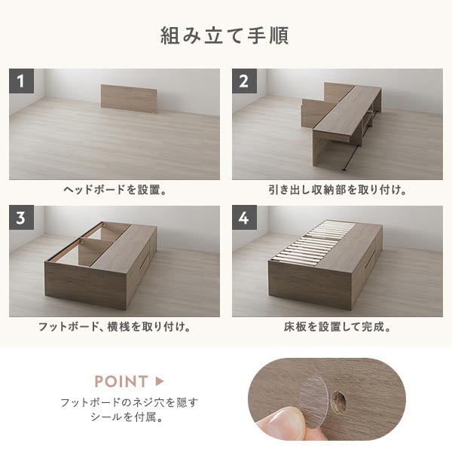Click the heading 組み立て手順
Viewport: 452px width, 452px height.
[224, 35]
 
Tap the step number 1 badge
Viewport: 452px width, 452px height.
[21, 81]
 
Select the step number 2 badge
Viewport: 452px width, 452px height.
[244, 81]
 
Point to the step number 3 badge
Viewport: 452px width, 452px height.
[21, 218]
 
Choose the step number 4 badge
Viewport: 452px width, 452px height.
[244, 218]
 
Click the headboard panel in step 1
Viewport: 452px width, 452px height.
[129, 99]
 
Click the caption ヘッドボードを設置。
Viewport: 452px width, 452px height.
[115, 191]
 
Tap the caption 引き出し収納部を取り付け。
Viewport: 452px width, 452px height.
[337, 191]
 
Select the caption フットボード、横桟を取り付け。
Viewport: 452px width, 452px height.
[115, 327]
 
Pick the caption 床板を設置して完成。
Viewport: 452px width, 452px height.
[337, 327]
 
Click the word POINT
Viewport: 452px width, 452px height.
[121, 381]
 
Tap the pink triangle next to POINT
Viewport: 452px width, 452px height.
[160, 381]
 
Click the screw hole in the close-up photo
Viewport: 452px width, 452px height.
[338, 401]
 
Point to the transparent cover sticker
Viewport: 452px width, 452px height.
[313, 401]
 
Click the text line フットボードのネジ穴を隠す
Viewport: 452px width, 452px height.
[129, 402]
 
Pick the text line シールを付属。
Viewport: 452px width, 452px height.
[127, 417]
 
